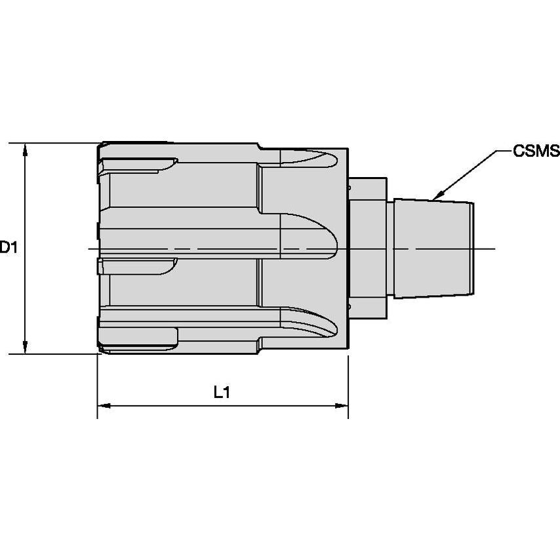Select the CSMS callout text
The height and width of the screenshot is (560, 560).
[536, 151]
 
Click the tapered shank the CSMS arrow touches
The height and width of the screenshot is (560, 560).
[433, 248]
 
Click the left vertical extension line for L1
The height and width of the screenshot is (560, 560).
[98, 387]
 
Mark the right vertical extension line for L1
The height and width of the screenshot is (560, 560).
[348, 387]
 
